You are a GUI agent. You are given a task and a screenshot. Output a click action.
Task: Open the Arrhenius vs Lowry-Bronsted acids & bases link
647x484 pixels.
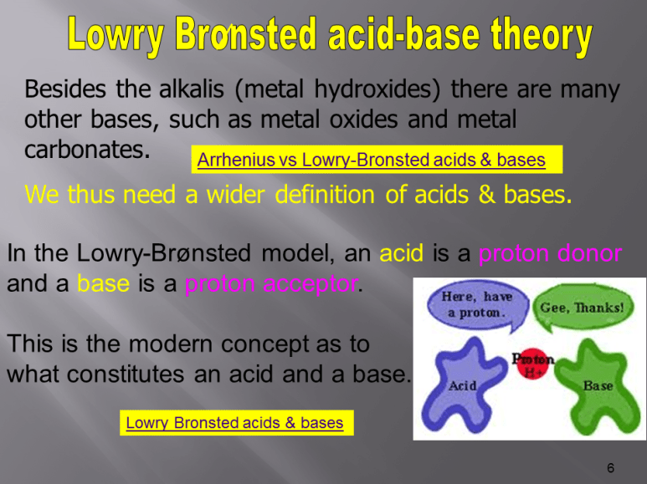pyautogui.click(x=370, y=160)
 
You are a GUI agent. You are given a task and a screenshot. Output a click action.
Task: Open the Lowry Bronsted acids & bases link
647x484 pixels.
pyautogui.click(x=234, y=422)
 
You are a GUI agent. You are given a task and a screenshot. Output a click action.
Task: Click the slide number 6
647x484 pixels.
pyautogui.click(x=611, y=467)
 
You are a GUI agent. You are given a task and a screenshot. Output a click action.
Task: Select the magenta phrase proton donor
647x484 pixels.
pyautogui.click(x=550, y=254)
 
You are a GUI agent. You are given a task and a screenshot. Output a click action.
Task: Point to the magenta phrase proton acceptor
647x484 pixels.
pyautogui.click(x=270, y=284)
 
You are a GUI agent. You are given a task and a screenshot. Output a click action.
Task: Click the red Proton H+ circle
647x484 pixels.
pyautogui.click(x=533, y=365)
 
